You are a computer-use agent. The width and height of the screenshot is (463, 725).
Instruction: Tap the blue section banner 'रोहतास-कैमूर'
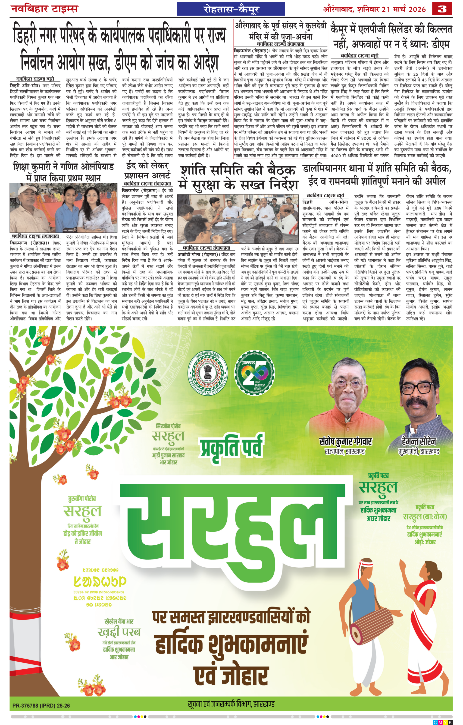[231, 9]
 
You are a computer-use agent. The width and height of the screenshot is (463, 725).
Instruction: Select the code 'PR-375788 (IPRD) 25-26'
[41, 706]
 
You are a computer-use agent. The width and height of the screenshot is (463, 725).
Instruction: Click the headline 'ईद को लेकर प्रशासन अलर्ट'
[147, 170]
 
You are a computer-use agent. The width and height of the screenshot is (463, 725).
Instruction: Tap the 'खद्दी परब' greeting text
[119, 631]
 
